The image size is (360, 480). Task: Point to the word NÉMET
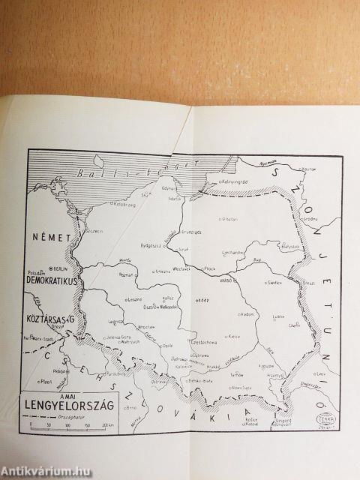pos(49,237)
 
